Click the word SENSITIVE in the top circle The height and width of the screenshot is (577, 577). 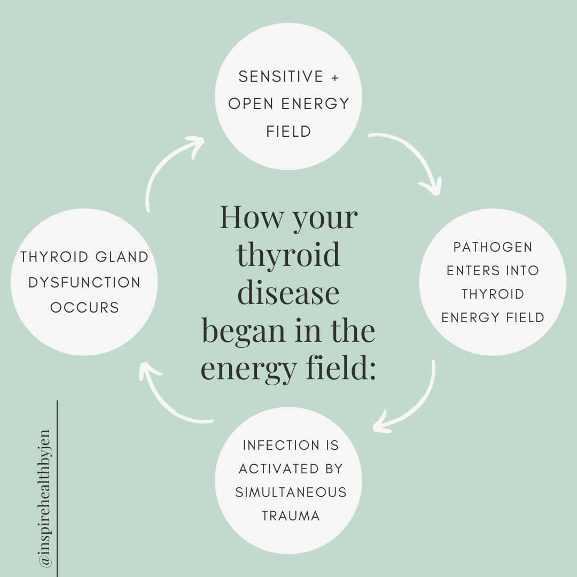pos(281,77)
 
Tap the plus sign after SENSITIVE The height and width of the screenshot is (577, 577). pos(335,77)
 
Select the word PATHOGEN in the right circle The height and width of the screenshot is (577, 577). pos(493,247)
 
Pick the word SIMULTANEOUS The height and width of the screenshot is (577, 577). pos(291,492)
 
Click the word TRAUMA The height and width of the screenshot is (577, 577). pos(291,516)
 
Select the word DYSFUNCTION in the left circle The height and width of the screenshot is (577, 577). pos(84,282)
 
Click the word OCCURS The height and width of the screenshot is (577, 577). pos(84,308)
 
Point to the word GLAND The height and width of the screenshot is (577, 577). pos(121,257)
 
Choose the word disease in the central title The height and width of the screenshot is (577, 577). pos(288,293)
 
